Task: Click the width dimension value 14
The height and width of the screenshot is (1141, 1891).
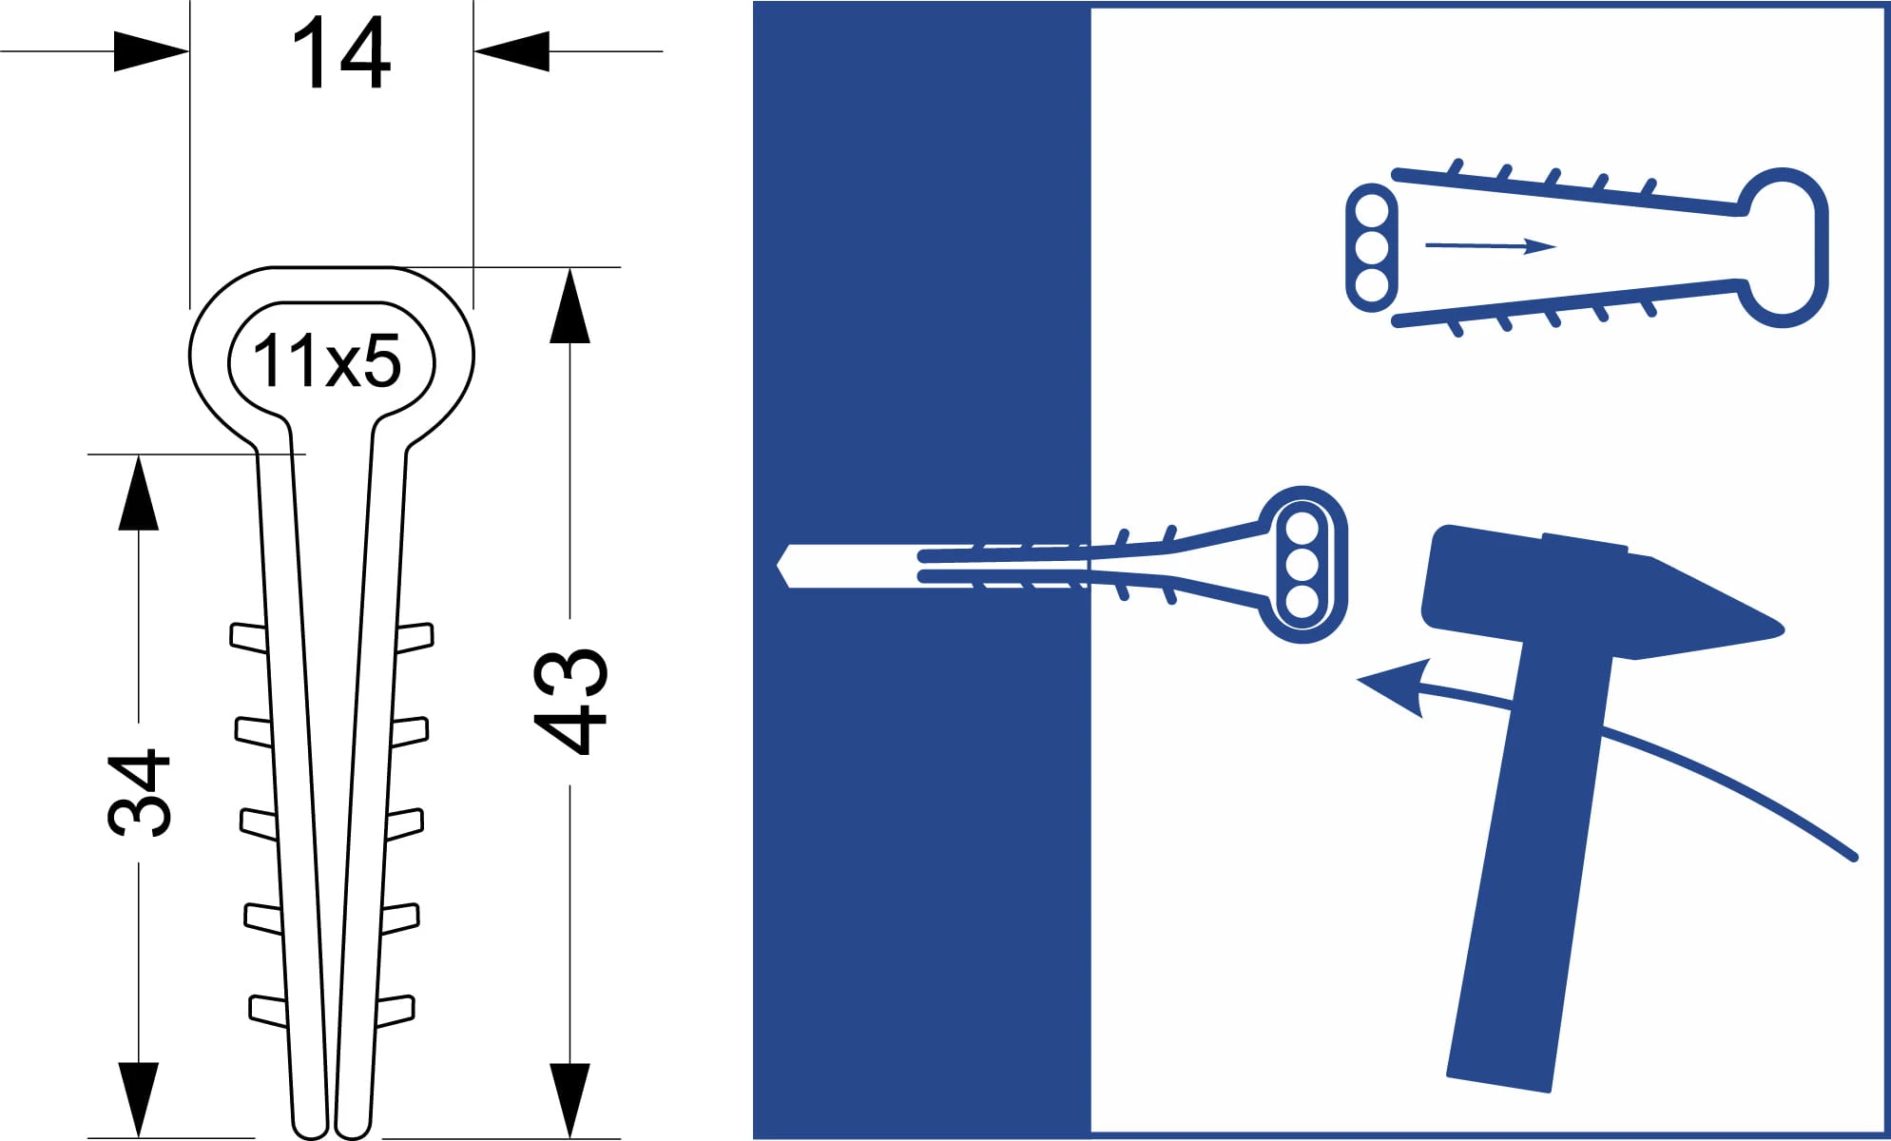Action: (340, 54)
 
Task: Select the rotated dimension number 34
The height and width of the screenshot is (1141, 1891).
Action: (140, 793)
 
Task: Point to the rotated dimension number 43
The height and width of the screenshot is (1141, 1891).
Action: (570, 701)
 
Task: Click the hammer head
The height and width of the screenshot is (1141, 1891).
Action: (1597, 594)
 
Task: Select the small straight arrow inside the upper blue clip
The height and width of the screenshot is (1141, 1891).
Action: (1491, 246)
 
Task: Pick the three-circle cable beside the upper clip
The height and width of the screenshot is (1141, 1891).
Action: (1372, 247)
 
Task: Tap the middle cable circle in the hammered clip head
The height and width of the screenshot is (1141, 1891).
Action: (1302, 565)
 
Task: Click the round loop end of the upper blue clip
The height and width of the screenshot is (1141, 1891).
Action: (1784, 247)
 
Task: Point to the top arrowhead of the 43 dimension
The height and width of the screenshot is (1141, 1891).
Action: (569, 305)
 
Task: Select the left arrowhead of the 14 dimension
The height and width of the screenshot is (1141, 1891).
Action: (151, 51)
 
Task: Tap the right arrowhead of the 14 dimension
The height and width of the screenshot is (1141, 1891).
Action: (511, 51)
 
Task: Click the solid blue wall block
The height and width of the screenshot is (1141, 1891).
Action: (921, 570)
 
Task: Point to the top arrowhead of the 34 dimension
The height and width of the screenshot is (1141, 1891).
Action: (139, 493)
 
